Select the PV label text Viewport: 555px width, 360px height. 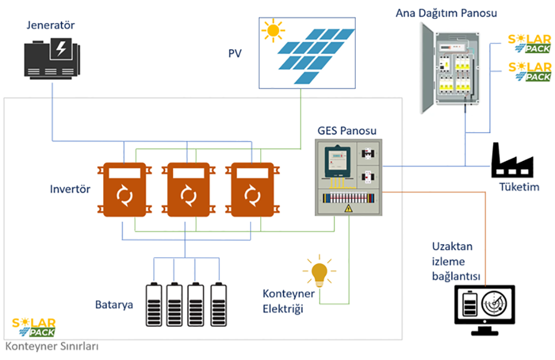(236, 53)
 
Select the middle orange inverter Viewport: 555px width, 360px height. (185, 190)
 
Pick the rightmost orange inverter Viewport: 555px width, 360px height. (253, 190)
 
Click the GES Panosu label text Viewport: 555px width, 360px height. (347, 131)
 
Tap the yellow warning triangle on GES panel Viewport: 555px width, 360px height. (349, 209)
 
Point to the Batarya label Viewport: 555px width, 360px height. (114, 305)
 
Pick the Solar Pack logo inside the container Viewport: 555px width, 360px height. (34, 327)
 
